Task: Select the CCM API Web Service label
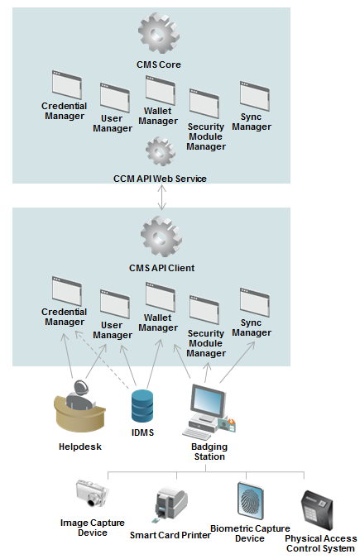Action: [x=160, y=179]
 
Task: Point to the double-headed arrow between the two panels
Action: [x=160, y=195]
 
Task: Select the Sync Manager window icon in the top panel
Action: [x=252, y=95]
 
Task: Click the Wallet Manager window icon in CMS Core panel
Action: [x=158, y=88]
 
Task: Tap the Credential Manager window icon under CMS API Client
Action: [x=65, y=290]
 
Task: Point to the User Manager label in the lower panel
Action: [x=112, y=330]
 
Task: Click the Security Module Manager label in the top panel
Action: [x=206, y=136]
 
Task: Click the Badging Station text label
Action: [x=208, y=451]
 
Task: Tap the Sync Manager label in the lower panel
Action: [x=251, y=327]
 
